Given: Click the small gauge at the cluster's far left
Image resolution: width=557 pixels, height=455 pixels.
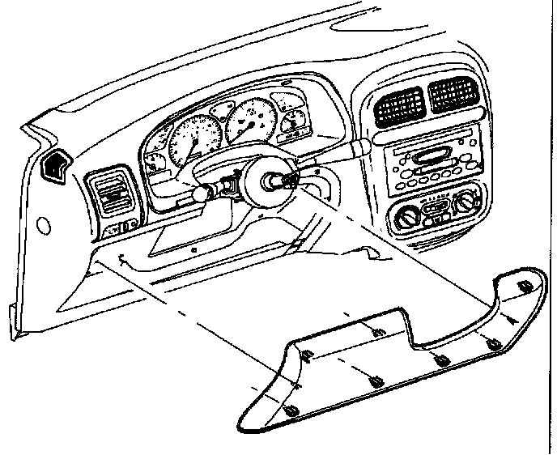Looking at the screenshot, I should click(x=155, y=162).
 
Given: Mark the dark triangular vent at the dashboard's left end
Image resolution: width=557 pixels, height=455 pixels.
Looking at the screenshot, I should click(x=56, y=166).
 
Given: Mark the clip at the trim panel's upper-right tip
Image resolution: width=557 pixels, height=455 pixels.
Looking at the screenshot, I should click(x=523, y=286).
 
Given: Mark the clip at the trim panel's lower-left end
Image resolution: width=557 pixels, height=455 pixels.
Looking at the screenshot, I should click(x=291, y=413).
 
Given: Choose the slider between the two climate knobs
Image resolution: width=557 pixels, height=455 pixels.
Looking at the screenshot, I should click(x=438, y=212).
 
